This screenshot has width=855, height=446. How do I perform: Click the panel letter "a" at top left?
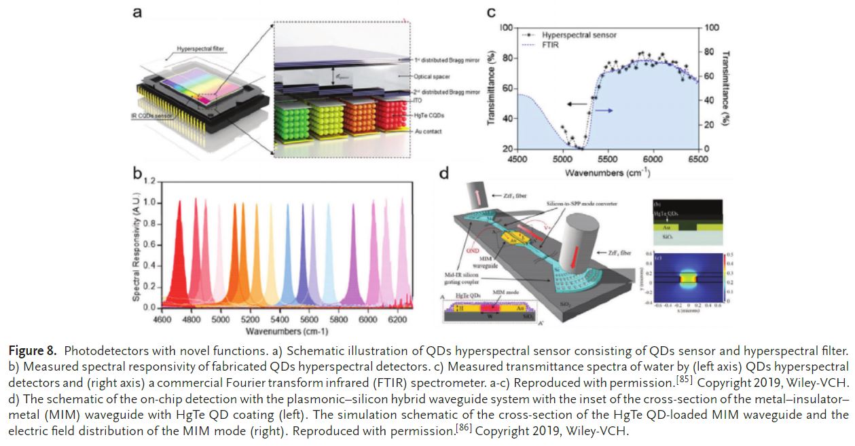pos(137,13)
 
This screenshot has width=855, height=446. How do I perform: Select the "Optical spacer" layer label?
pos(432,77)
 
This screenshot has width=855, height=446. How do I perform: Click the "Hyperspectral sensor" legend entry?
pos(577,34)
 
